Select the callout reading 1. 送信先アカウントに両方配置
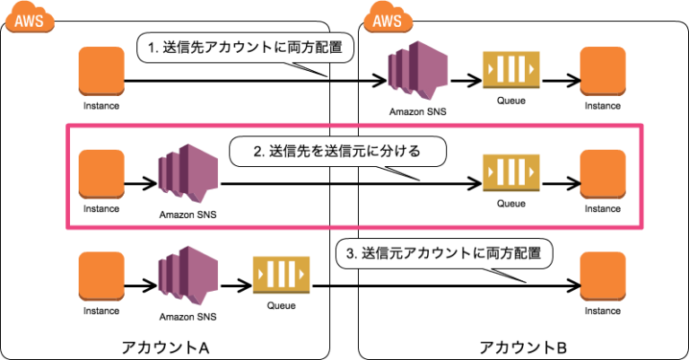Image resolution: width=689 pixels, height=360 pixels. pyautogui.click(x=244, y=48)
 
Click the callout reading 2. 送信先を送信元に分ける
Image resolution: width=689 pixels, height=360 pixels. pyautogui.click(x=337, y=151)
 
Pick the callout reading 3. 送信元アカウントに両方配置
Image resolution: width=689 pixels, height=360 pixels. pyautogui.click(x=444, y=253)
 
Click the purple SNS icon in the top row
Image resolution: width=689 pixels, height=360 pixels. pyautogui.click(x=417, y=69)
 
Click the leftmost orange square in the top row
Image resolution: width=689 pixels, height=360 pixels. pyautogui.click(x=100, y=70)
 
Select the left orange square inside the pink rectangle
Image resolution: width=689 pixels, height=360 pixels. pyautogui.click(x=100, y=172)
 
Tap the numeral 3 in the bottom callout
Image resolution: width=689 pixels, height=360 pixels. pyautogui.click(x=350, y=253)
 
